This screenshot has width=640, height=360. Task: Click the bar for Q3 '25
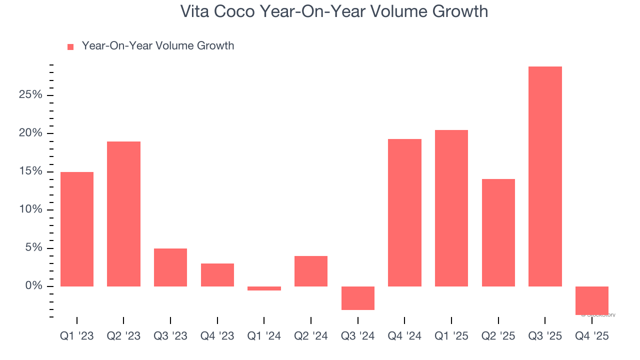pyautogui.click(x=545, y=176)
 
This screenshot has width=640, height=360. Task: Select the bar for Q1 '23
pyautogui.click(x=77, y=229)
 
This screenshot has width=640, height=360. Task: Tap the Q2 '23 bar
pyautogui.click(x=123, y=214)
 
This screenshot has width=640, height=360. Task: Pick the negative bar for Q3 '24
pyautogui.click(x=358, y=298)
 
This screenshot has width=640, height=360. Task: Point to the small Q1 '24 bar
pyautogui.click(x=264, y=288)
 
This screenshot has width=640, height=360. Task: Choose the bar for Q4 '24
pyautogui.click(x=404, y=212)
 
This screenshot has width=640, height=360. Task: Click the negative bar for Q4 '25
pyautogui.click(x=592, y=300)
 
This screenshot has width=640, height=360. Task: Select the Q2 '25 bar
pyautogui.click(x=498, y=232)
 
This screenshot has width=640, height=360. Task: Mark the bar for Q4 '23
pyautogui.click(x=217, y=275)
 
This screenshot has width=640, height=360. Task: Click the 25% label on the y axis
pyautogui.click(x=30, y=95)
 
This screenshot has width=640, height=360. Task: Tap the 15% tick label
pyautogui.click(x=30, y=171)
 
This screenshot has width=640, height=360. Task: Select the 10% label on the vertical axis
pyautogui.click(x=30, y=210)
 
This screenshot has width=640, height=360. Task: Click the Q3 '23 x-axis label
pyautogui.click(x=170, y=336)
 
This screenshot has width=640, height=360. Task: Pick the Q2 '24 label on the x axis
pyautogui.click(x=311, y=336)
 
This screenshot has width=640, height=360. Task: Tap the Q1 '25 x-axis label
pyautogui.click(x=451, y=336)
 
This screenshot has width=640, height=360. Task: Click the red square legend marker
pyautogui.click(x=70, y=46)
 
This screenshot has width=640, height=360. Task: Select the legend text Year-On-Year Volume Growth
pyautogui.click(x=158, y=46)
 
